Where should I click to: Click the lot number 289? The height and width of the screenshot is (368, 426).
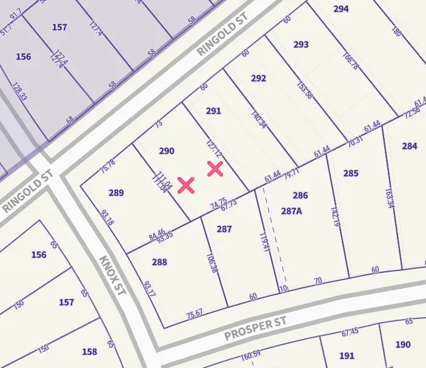point(116,193)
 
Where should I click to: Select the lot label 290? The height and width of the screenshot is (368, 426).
point(167,151)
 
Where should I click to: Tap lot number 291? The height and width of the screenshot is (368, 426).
point(213,111)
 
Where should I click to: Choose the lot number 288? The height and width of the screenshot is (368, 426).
point(159,262)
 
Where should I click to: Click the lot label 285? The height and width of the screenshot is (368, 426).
point(351,174)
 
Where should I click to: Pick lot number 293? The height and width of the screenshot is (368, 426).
point(301,45)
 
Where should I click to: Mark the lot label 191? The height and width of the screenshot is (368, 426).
point(347,356)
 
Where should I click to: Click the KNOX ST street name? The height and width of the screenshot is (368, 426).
point(112,275)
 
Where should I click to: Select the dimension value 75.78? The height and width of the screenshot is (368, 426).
point(108,165)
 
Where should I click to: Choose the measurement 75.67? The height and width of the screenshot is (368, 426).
point(195,314)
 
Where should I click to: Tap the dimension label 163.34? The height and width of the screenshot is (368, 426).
point(390,197)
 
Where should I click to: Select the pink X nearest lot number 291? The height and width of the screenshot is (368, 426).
point(215,169)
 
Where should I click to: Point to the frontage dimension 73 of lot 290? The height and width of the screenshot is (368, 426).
point(159,124)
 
